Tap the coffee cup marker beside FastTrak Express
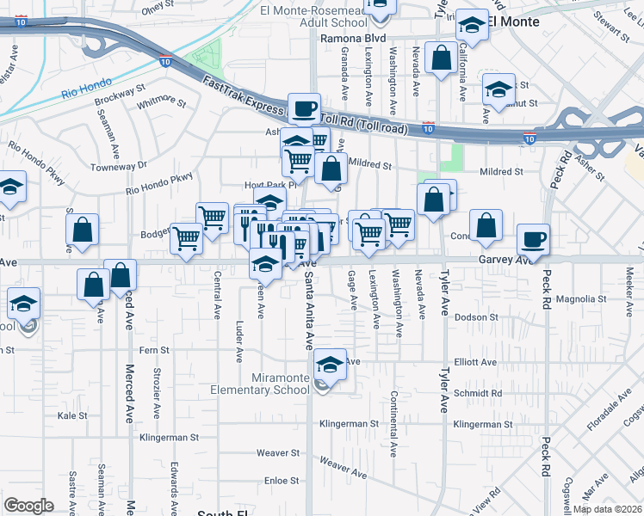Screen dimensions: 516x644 click(x=304, y=109)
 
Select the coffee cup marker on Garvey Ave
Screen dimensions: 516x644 click(x=533, y=240)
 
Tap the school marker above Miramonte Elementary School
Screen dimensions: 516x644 click(x=329, y=365)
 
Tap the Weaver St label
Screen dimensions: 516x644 click(x=277, y=452)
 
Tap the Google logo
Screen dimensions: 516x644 click(x=29, y=506)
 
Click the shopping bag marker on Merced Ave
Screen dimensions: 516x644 click(x=121, y=275)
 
